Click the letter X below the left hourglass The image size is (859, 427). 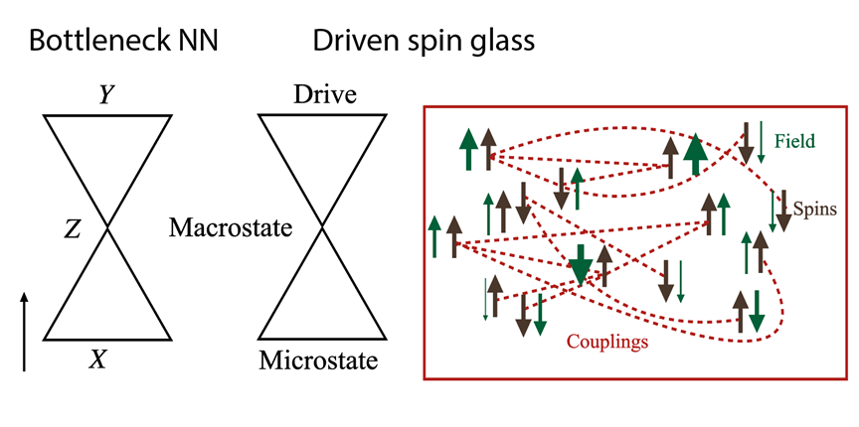point(97,360)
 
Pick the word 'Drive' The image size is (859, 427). point(324,96)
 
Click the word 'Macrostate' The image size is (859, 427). point(230,228)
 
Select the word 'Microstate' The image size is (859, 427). point(318,360)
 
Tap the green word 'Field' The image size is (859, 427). point(794,142)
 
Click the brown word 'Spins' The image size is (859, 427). point(816,210)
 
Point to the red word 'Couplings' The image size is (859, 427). point(607,342)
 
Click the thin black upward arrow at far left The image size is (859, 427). point(25,329)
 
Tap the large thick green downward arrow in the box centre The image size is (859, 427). point(582,264)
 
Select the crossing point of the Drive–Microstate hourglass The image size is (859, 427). point(321,228)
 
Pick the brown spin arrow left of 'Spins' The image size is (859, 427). point(783,211)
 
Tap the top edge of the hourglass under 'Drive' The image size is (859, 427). point(321,115)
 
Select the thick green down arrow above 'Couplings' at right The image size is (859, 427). point(758,312)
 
